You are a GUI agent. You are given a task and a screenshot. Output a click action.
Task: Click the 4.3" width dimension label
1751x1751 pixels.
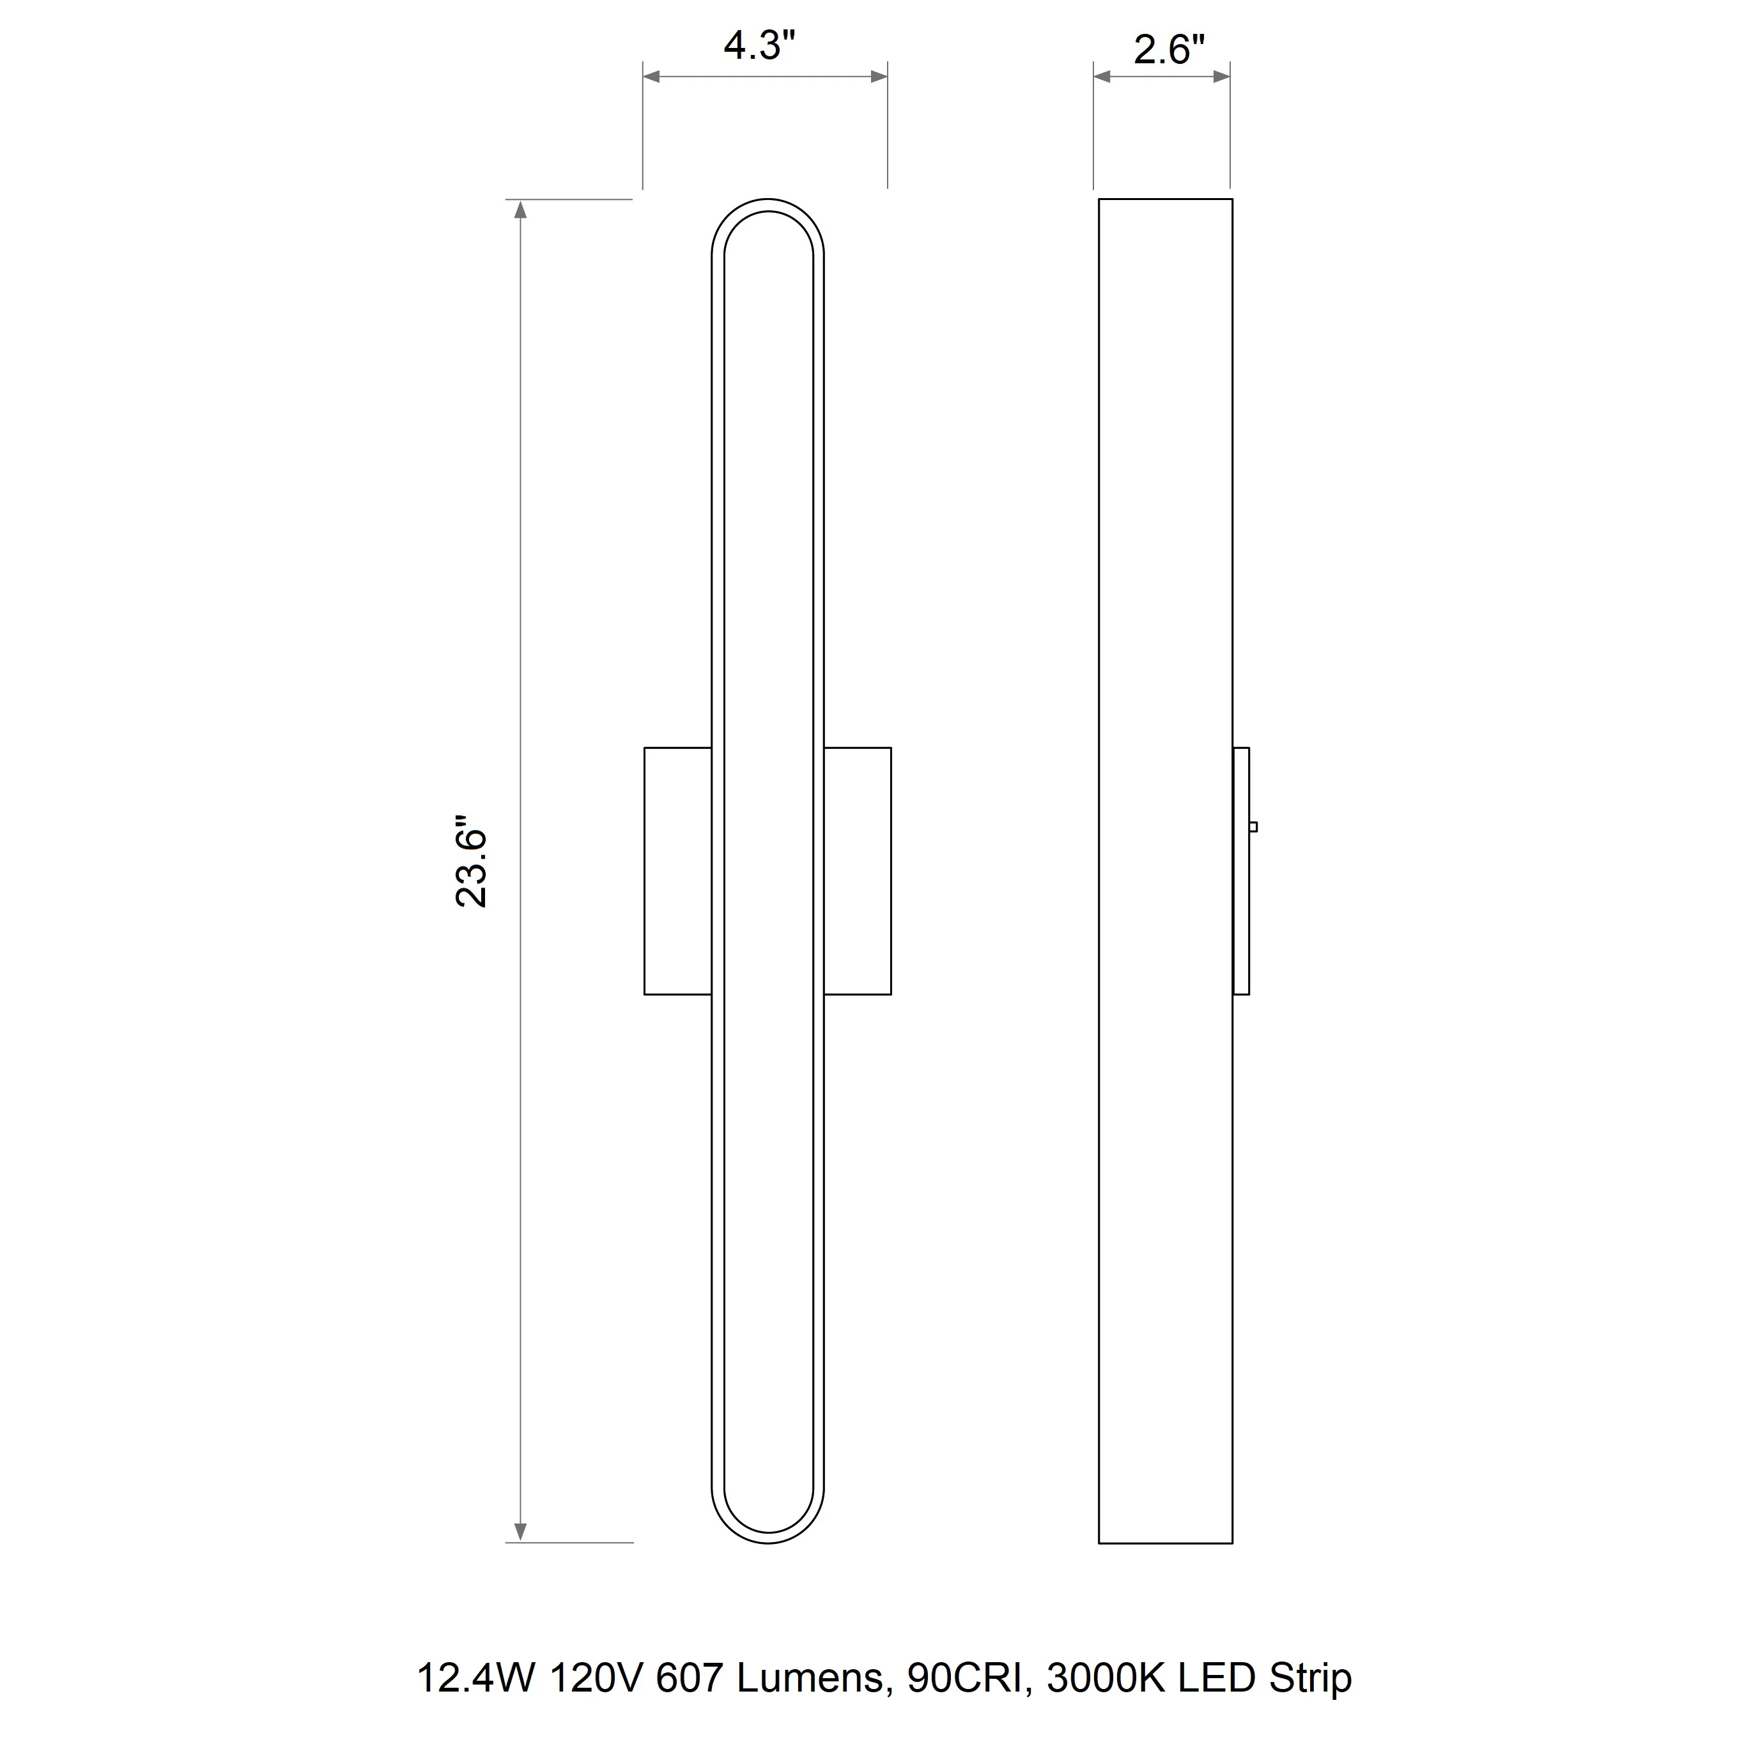(x=759, y=45)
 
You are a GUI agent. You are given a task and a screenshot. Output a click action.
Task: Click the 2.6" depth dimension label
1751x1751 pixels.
(x=1169, y=50)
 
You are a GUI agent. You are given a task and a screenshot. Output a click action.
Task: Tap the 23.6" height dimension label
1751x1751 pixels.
(x=471, y=867)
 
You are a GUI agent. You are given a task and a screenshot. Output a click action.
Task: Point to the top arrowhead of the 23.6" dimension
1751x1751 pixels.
(x=520, y=210)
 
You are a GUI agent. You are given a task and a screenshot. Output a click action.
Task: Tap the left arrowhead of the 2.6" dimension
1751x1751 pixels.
(x=1102, y=77)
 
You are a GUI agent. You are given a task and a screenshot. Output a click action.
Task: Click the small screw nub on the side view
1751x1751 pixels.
(x=1253, y=826)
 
